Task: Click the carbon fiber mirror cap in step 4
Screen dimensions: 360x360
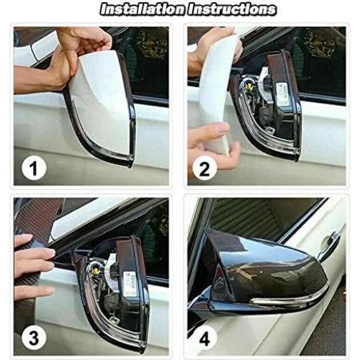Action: pyautogui.click(x=266, y=266)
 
